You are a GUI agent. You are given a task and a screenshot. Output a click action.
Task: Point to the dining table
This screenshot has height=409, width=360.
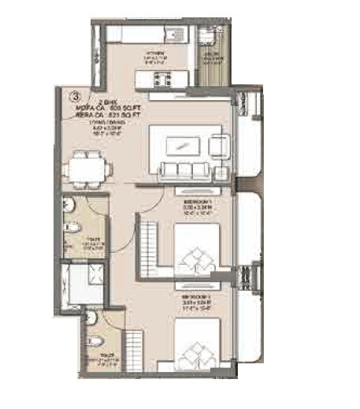click(x=87, y=166)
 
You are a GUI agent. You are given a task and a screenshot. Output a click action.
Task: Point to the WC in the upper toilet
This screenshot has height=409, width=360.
click(x=72, y=229)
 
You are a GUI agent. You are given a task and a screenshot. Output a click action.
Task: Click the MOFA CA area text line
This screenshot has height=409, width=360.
click(x=118, y=107)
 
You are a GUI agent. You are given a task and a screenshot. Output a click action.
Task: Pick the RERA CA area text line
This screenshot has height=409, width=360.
click(x=118, y=114)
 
